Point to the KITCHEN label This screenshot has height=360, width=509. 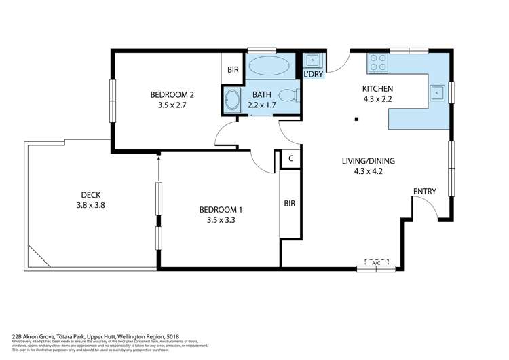[x=377, y=88]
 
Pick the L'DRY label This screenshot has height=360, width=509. [x=314, y=73]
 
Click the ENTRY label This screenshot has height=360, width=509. [x=424, y=191]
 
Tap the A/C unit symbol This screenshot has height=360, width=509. [x=376, y=262]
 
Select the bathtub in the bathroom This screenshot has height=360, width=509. [x=269, y=68]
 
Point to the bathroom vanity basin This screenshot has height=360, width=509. [x=232, y=101]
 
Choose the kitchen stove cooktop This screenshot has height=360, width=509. [x=377, y=63]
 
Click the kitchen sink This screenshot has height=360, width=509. [x=438, y=92]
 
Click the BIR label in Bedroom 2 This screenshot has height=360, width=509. [x=233, y=69]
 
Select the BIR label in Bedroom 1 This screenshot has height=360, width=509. [x=290, y=202]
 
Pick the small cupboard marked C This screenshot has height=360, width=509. [x=290, y=159]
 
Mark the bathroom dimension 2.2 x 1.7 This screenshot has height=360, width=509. [x=262, y=105]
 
